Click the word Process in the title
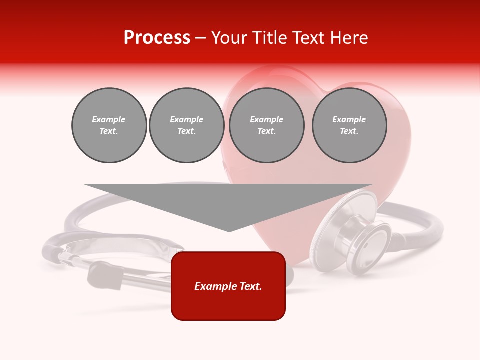coord(157,38)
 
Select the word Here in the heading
coord(349,38)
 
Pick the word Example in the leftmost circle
coord(109,119)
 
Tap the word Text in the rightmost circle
coord(349,131)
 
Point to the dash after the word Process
coord(200,38)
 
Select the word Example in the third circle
coord(266,119)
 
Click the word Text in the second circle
coord(186,131)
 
